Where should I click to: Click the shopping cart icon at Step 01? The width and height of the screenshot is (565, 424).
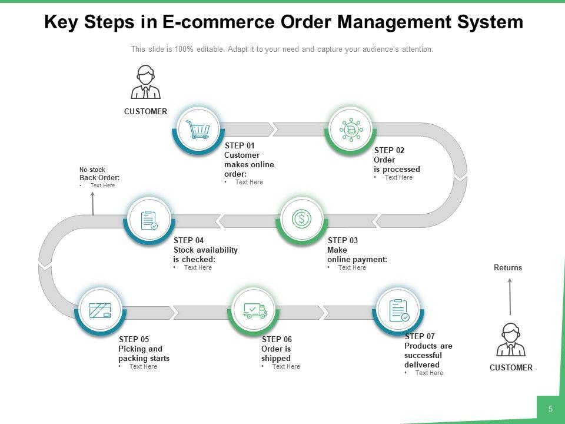coord(198,130)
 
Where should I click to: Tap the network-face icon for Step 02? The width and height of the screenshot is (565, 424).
coord(351,130)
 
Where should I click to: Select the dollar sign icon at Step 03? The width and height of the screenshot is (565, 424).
coord(301,218)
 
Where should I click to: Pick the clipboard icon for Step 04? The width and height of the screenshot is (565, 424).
coord(149,220)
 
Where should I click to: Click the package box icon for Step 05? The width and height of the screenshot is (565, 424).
coord(100,310)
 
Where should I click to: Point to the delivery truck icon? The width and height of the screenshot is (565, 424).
coord(255,311)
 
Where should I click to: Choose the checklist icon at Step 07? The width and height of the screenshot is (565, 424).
coord(399,310)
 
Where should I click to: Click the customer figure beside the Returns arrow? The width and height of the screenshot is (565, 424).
coord(511,340)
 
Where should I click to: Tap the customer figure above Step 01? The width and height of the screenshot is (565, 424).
coord(145,82)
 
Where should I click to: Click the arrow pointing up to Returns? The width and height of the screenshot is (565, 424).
coord(510,297)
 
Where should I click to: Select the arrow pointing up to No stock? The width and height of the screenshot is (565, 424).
coord(92,204)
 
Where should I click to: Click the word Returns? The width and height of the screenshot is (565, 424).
coord(508,267)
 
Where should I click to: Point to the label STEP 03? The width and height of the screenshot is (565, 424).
coord(343,240)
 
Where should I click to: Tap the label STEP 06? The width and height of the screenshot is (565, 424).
coord(277,339)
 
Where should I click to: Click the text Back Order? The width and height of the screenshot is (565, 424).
coord(99,178)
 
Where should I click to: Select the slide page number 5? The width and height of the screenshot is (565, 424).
coord(550,409)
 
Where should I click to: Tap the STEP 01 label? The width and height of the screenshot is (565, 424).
coord(240,145)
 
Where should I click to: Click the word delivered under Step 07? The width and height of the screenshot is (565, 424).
coord(421,365)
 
